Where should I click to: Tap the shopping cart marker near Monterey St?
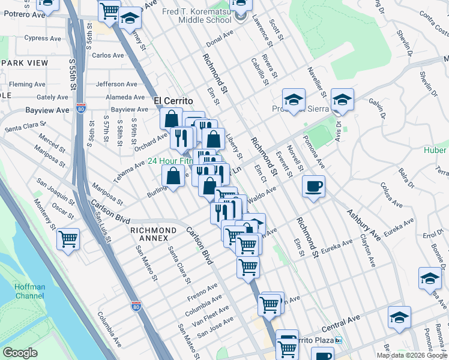tap(68, 240)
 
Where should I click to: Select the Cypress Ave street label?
tap(43, 38)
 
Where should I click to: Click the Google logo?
tap(20, 353)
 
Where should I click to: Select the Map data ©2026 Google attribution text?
tap(406, 355)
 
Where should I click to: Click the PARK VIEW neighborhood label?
tap(24, 63)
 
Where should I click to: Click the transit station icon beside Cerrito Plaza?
tap(339, 340)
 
